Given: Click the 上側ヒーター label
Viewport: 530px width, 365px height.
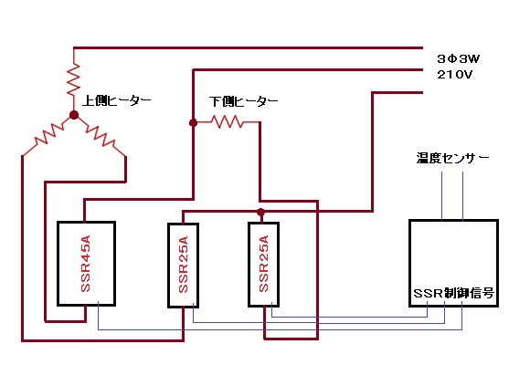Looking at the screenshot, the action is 117,100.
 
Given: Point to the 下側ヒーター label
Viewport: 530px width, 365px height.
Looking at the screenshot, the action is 243,101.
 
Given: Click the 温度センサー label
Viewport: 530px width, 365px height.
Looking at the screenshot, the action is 453,158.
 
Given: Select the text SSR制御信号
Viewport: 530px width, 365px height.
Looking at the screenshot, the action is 454,293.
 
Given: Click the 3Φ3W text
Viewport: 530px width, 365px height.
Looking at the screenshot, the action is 459,59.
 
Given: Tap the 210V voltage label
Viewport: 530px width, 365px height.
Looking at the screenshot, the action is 454,75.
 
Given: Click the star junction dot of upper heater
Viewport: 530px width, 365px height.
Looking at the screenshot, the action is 74,115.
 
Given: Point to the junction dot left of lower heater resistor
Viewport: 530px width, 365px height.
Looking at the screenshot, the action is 193,122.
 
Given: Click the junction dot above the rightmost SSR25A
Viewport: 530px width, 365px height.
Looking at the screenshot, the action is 260,213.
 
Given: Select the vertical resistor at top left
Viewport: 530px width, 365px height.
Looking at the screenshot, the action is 74,79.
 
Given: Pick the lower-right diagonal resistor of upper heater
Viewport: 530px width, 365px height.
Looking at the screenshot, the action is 100,136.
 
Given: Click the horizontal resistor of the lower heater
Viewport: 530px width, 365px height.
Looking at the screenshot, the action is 228,122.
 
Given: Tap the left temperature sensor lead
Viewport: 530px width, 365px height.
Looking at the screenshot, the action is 441,196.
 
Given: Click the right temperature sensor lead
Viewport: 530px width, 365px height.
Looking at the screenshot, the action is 462,196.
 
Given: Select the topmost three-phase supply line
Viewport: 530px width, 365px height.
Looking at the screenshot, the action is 249,48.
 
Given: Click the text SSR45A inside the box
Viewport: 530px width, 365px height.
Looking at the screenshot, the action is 86,264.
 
